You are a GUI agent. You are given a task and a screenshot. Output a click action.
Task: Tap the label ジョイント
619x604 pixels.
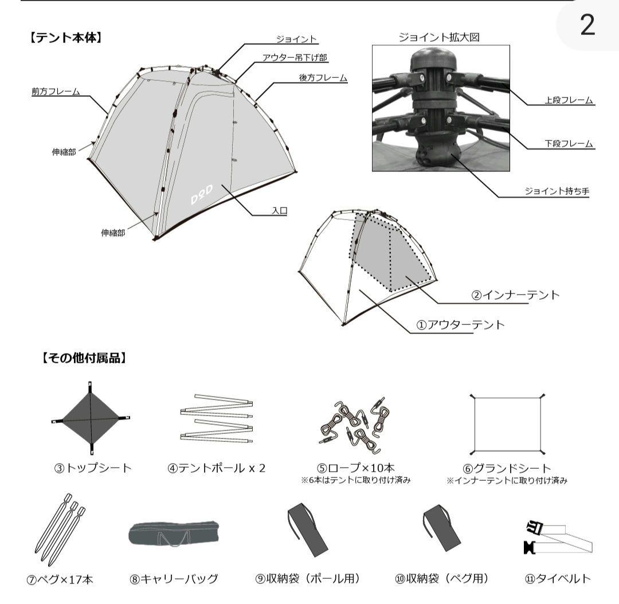296,39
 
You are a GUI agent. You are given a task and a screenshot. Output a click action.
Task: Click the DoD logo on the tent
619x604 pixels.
201,197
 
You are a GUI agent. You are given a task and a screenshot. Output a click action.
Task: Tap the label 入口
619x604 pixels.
279,211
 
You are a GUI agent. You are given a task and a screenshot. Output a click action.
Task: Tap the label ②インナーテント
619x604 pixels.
515,296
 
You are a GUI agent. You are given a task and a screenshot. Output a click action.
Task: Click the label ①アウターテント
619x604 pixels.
461,324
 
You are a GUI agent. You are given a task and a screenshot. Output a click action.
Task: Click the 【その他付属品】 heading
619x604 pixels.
84,359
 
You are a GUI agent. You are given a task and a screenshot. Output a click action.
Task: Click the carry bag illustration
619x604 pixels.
174,535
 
